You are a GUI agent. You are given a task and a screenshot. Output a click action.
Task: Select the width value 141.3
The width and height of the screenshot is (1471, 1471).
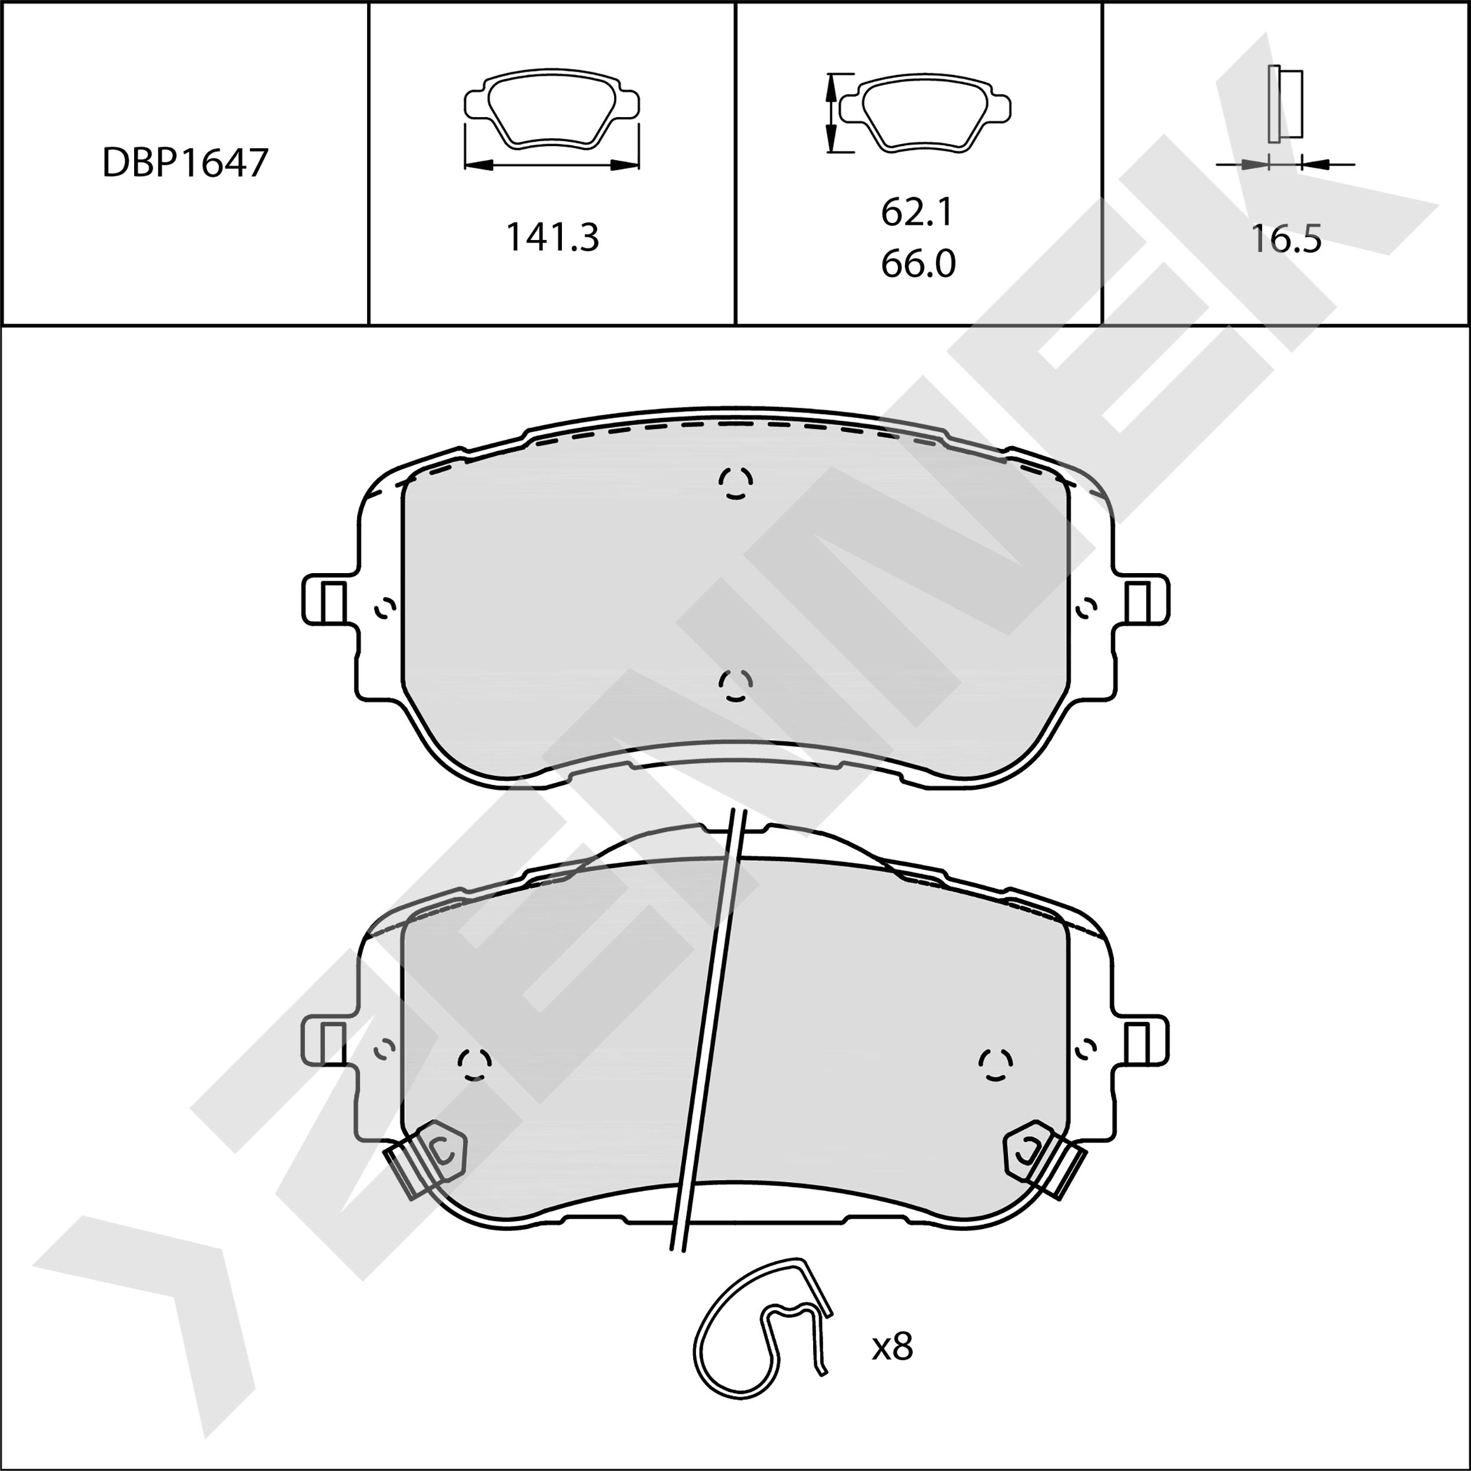coord(553,238)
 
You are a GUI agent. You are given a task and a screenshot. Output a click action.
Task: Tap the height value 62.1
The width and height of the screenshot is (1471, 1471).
coord(917,212)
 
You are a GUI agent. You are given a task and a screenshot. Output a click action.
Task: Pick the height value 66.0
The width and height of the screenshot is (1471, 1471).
coord(918,264)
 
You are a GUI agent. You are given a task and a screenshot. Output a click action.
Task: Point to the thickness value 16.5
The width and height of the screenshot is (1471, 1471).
coord(1286,239)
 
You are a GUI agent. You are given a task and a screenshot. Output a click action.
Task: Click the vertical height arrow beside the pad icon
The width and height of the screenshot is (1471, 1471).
coord(831,114)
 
